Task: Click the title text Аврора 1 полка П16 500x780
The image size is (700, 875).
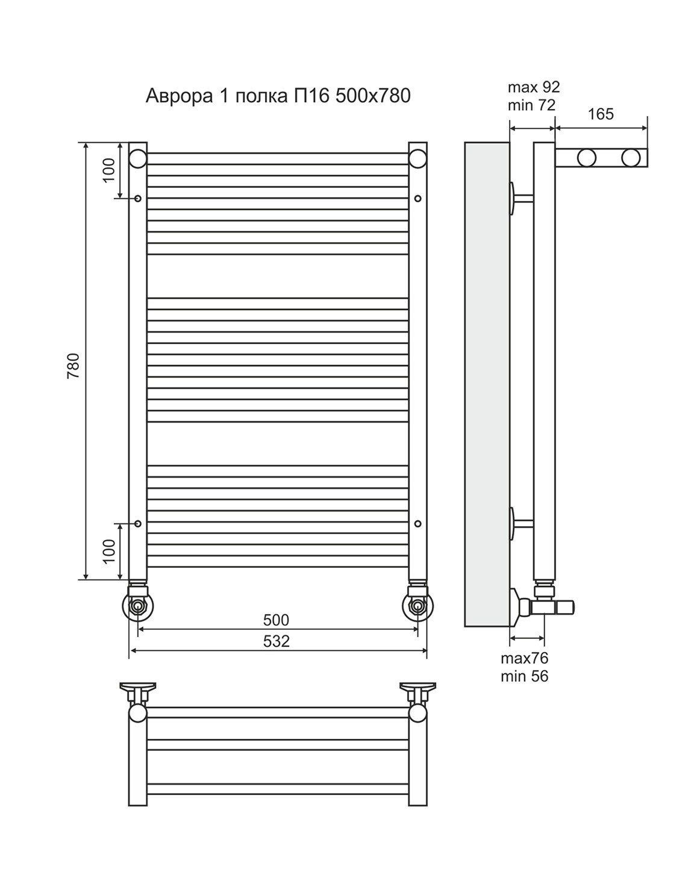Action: tap(278, 96)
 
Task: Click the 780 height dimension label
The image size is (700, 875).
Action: tap(73, 366)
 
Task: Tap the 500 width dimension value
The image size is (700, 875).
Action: tap(276, 620)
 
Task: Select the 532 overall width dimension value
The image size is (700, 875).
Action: tap(276, 641)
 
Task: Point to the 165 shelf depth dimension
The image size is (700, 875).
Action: tap(601, 114)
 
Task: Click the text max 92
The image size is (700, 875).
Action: tap(534, 87)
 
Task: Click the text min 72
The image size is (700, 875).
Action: tap(531, 105)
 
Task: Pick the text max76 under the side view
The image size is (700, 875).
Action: tap(525, 658)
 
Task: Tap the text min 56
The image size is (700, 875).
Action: tap(525, 676)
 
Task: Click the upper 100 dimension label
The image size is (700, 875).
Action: tap(109, 170)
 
